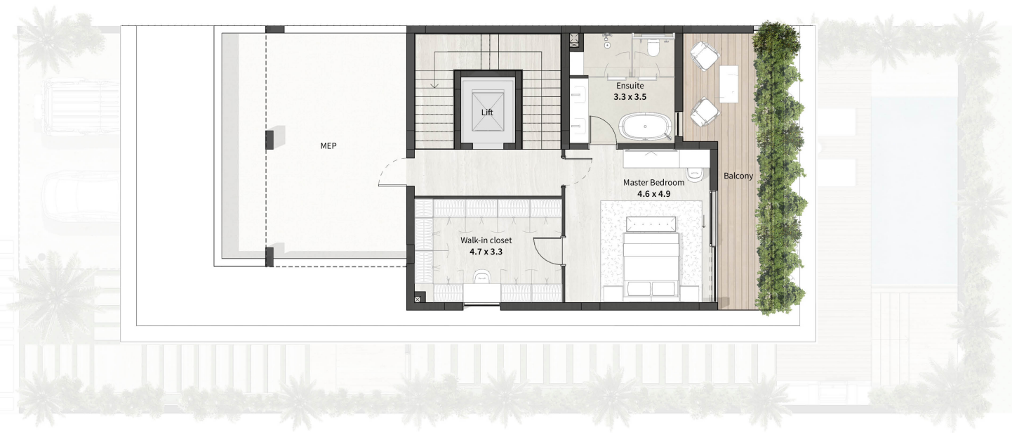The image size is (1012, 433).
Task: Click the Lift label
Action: coord(487,112)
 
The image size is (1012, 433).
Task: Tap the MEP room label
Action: coord(328,146)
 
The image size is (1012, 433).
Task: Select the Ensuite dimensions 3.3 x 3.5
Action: coord(630,97)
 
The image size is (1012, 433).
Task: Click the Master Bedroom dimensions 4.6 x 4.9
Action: coord(654,194)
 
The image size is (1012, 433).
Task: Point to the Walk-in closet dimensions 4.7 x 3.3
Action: coord(486,252)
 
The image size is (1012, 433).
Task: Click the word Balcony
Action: coord(738,176)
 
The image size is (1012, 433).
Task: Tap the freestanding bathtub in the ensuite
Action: coord(645,127)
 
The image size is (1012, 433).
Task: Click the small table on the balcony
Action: coord(728,84)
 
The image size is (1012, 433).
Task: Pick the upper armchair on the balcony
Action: coord(705,56)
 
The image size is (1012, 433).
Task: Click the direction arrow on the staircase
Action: coord(435,84)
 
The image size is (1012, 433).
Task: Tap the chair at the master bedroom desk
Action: coord(694,174)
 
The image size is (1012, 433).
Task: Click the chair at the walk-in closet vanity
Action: coord(481,277)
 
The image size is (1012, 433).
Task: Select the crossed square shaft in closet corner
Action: coord(418,299)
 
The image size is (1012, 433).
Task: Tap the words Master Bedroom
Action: coord(654,183)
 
